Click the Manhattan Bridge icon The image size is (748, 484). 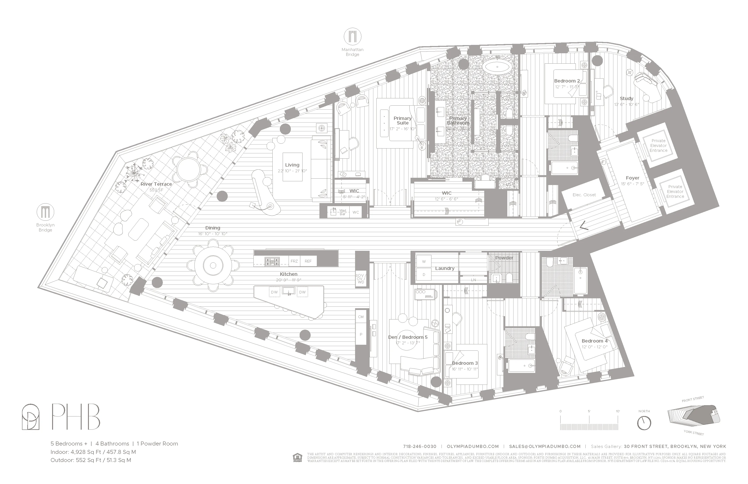coord(352,37)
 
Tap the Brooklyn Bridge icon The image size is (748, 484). coord(45,212)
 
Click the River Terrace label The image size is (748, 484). coord(156,184)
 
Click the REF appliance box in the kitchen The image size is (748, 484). coord(308,261)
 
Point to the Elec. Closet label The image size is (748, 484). coord(584,195)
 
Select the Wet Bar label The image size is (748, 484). coord(343,212)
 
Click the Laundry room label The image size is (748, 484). coord(444,268)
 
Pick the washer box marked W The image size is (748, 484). coord(424,262)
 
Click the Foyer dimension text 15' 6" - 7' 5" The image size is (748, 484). coord(632,184)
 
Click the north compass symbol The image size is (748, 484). coord(644,423)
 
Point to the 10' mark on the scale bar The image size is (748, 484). coord(618,411)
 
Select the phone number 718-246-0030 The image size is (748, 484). coord(420,446)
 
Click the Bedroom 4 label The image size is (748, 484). coord(594,341)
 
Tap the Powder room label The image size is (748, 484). coord(504,258)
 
